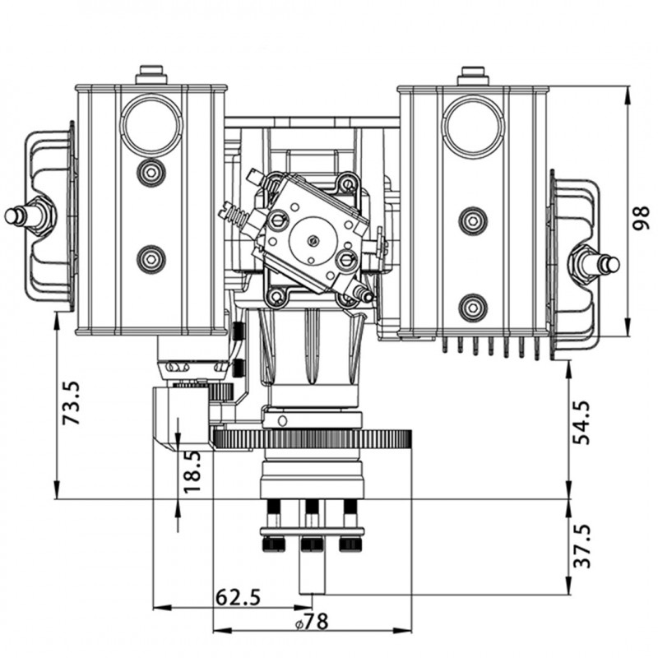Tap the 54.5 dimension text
[x=582, y=422]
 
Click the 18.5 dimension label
[x=191, y=471]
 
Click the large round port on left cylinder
[x=151, y=124]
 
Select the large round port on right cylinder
[x=473, y=124]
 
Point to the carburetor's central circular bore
[x=314, y=239]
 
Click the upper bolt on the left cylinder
[x=151, y=173]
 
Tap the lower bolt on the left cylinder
[x=151, y=258]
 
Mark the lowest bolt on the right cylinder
[x=473, y=308]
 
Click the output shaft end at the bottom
[x=313, y=580]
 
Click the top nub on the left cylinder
[x=151, y=75]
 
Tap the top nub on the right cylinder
[x=473, y=75]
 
